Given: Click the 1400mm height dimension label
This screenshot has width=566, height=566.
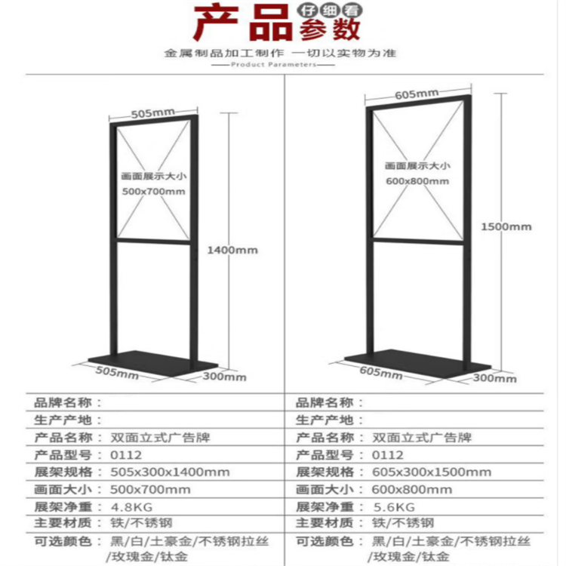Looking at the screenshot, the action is tap(232, 250).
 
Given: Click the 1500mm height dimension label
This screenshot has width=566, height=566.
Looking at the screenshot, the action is tap(506, 226).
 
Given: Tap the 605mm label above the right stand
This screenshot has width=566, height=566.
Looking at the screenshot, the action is tap(416, 94).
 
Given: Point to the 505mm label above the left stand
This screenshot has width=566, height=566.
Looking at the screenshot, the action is tap(152, 113).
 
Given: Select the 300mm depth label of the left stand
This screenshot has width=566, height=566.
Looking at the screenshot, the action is tap(225, 377).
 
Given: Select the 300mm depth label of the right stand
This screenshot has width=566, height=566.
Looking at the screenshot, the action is tap(494, 378).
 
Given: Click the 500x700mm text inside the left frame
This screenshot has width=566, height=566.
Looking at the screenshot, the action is tap(154, 192).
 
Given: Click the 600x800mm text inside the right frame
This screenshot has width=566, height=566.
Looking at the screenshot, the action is tap(417, 181).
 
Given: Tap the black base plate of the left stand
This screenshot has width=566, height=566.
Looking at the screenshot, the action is tap(152, 362).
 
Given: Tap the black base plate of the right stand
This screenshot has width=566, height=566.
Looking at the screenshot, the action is tap(417, 363).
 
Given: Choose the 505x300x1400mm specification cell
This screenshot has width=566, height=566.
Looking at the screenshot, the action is tap(170, 472).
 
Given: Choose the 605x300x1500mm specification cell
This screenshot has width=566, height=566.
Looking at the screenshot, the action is tap(432, 472).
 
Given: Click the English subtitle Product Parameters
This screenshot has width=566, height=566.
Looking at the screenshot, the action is tap(273, 65).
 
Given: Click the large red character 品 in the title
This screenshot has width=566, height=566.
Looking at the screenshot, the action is tap(270, 23).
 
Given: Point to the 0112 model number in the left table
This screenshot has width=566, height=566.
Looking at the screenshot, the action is tap(125, 455).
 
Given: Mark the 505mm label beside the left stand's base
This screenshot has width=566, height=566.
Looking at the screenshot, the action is tap(117, 373).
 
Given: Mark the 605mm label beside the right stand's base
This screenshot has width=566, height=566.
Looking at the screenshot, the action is tap(381, 373).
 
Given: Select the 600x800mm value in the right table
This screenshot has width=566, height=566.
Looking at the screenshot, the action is tap(412, 490).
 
